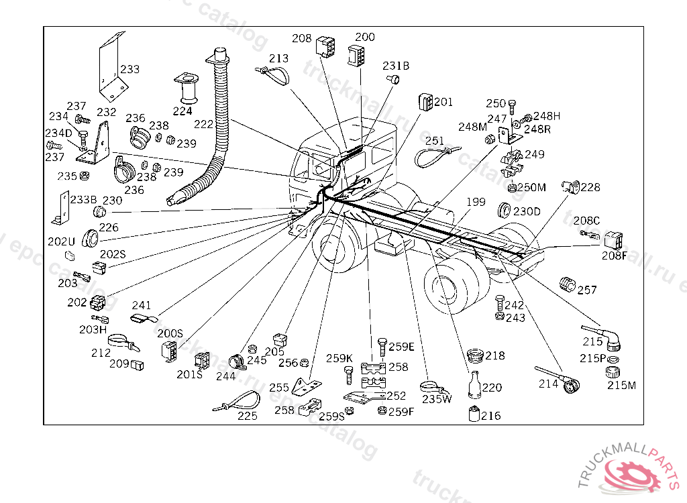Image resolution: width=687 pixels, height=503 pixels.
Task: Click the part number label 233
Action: point(130,69)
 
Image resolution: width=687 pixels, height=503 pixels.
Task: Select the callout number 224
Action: point(182,111)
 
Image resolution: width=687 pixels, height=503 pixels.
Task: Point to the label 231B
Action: point(396,66)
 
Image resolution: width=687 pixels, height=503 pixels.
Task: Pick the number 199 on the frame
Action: point(476,202)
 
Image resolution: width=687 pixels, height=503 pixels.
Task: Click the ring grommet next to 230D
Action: point(505,210)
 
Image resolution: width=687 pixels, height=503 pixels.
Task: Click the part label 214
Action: point(549,384)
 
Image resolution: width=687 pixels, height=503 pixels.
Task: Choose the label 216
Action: point(490,416)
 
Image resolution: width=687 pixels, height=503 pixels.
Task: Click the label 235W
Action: point(437,400)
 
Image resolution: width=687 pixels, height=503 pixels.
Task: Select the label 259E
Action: point(401,347)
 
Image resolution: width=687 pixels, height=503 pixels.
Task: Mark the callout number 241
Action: point(142,305)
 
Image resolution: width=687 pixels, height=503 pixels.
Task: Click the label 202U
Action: point(62,241)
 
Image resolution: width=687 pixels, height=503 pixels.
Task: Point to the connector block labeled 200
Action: point(356,56)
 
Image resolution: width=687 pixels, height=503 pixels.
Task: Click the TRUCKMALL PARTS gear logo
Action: point(635,473)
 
